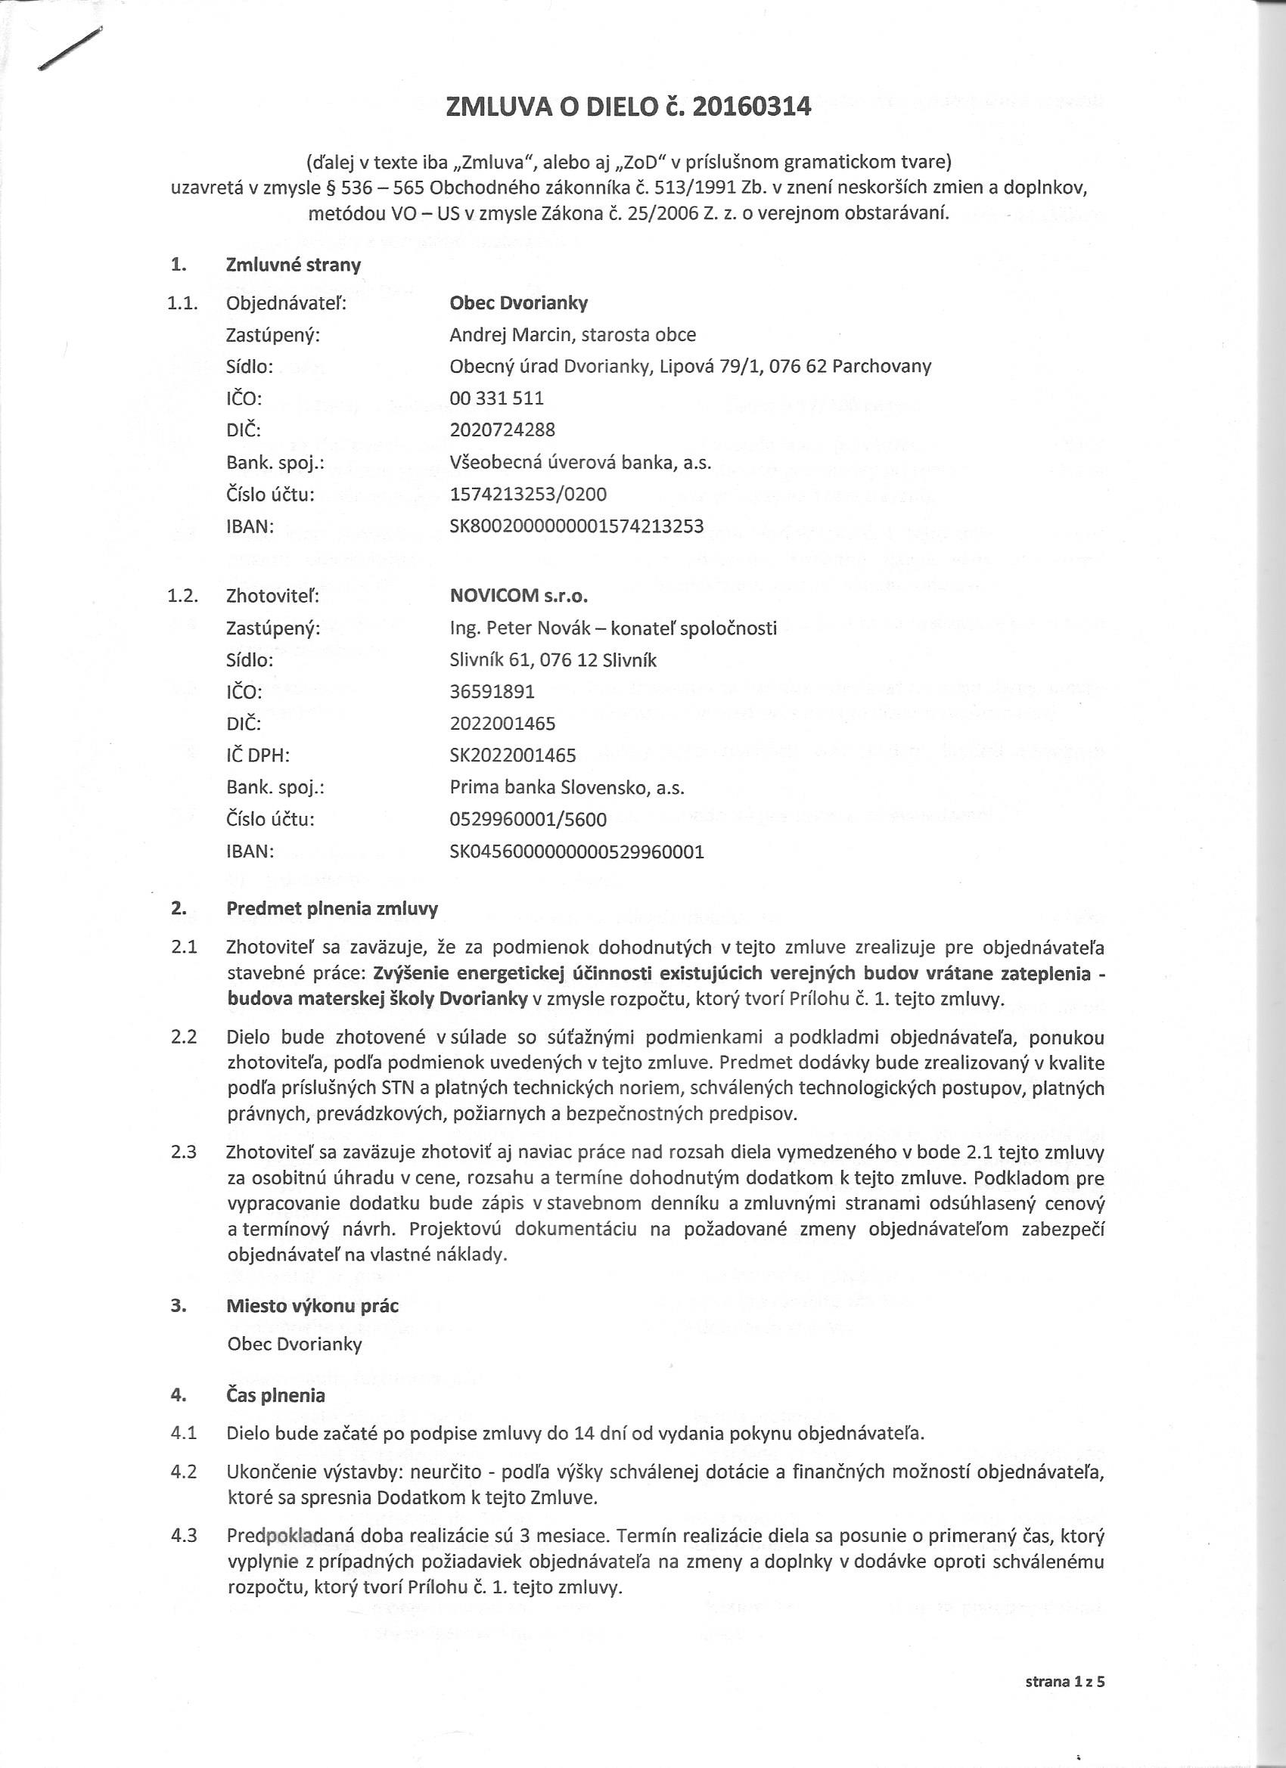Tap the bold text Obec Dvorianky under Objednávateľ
pyautogui.click(x=519, y=302)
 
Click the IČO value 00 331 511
pyautogui.click(x=497, y=399)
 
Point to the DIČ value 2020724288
pyautogui.click(x=502, y=430)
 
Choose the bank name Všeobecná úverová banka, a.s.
pyautogui.click(x=580, y=462)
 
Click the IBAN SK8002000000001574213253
pyautogui.click(x=576, y=526)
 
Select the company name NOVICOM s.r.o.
pyautogui.click(x=518, y=596)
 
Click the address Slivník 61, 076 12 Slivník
pyautogui.click(x=553, y=660)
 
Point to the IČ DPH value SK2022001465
pyautogui.click(x=512, y=755)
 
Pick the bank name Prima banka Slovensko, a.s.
pyautogui.click(x=566, y=787)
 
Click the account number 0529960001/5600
pyautogui.click(x=528, y=819)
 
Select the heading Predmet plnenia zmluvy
pyautogui.click(x=332, y=908)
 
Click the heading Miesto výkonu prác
pyautogui.click(x=312, y=1305)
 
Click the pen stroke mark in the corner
pyautogui.click(x=70, y=50)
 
